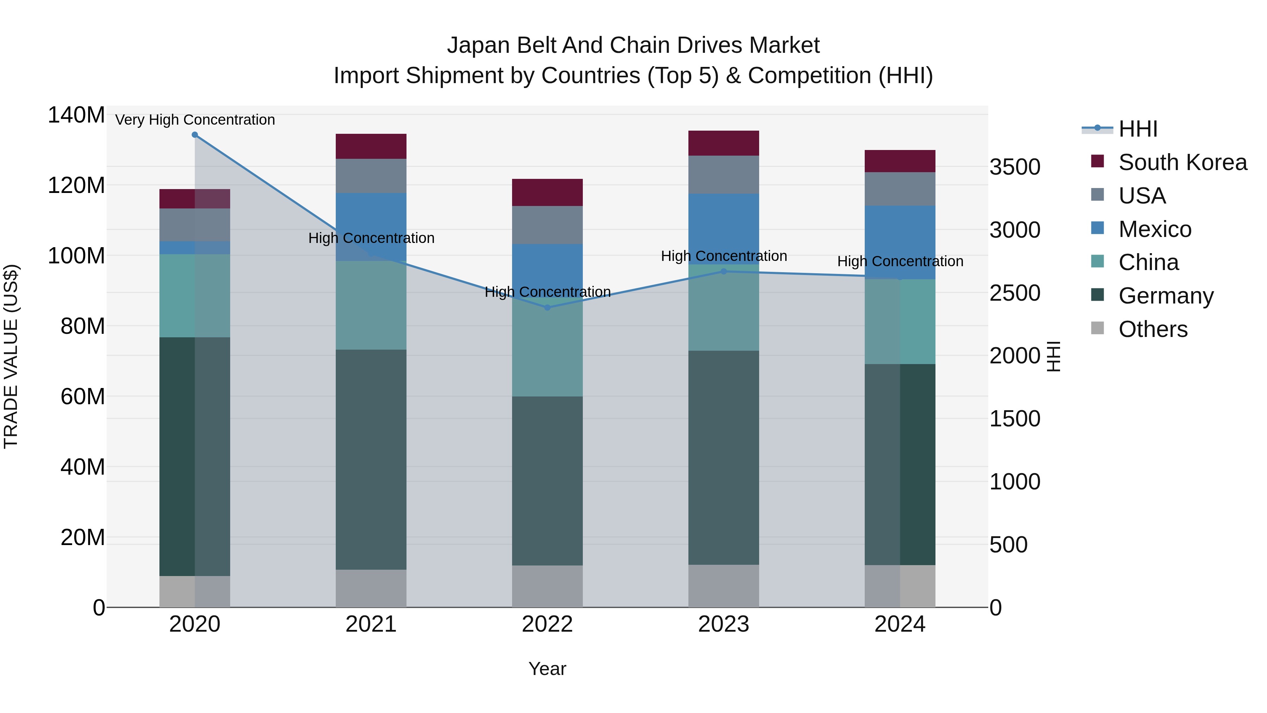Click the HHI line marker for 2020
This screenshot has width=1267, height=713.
point(195,135)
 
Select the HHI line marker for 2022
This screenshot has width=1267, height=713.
point(547,307)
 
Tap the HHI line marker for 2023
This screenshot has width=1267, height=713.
point(724,271)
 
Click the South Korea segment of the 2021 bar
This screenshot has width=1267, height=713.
point(371,146)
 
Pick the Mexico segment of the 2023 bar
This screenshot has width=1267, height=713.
point(724,229)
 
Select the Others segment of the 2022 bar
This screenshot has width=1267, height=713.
point(547,586)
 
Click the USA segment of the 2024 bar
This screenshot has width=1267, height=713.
point(900,189)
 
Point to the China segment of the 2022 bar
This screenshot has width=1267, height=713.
point(547,347)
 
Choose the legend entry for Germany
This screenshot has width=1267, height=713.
point(1166,296)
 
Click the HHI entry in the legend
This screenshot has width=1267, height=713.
point(1137,129)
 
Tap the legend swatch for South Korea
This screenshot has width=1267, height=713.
point(1097,161)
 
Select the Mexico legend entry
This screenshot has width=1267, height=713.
point(1154,229)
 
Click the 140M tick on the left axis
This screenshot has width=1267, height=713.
point(76,115)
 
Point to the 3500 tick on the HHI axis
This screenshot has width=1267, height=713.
point(1015,167)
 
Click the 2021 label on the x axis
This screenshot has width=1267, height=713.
point(371,624)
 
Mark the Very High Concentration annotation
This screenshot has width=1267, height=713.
point(195,120)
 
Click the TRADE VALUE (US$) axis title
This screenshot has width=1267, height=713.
point(11,356)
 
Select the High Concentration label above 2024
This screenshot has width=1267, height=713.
point(900,261)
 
